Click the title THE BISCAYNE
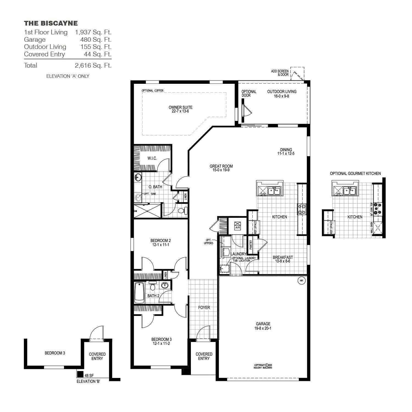coord(51,23)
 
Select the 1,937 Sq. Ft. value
coord(93,32)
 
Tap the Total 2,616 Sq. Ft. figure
coord(93,65)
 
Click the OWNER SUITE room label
coord(180,109)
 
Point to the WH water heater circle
coord(301,281)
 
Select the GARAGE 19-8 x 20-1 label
coord(263,326)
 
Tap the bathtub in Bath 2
coord(139,293)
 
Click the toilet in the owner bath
coord(182,211)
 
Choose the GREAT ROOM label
coord(221,168)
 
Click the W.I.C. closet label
coord(152,158)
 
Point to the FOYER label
coord(204,308)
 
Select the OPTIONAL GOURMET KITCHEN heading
coord(355,174)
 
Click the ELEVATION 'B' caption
coord(88,382)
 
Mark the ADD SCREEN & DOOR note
coord(280,73)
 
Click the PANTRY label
coord(250,245)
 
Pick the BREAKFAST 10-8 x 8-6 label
coord(283,259)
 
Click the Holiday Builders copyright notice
coord(263,366)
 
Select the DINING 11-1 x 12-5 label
coord(286,152)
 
